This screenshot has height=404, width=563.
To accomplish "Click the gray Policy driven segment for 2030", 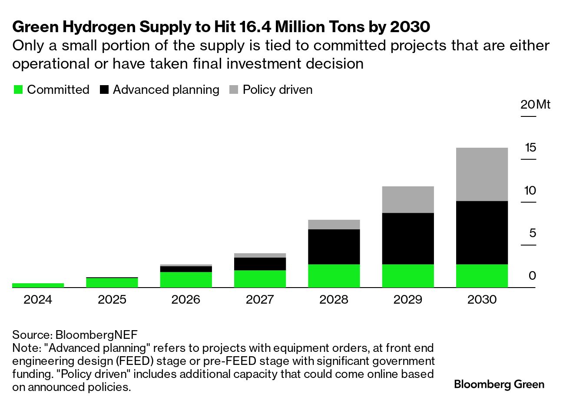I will [x=482, y=174].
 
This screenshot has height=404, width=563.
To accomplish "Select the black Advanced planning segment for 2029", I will [x=408, y=238].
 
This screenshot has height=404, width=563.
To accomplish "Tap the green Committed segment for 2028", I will [x=334, y=276].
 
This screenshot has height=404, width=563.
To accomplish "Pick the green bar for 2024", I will [x=38, y=285].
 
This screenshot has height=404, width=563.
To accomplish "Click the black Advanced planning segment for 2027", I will [x=260, y=264].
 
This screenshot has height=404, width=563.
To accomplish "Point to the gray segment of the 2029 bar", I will [x=408, y=199].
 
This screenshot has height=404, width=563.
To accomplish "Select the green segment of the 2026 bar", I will [x=186, y=279].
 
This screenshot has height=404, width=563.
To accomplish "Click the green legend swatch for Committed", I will [x=18, y=90].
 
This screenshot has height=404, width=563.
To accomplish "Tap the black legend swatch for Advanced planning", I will [x=104, y=90].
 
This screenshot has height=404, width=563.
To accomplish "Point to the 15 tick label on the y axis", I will [x=530, y=148].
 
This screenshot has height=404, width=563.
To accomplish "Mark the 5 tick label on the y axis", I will [x=533, y=233].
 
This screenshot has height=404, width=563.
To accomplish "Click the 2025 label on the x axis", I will [x=112, y=300].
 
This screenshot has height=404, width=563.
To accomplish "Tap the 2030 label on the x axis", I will [x=482, y=300].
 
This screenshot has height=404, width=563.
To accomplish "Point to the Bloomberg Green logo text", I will [x=499, y=384].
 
